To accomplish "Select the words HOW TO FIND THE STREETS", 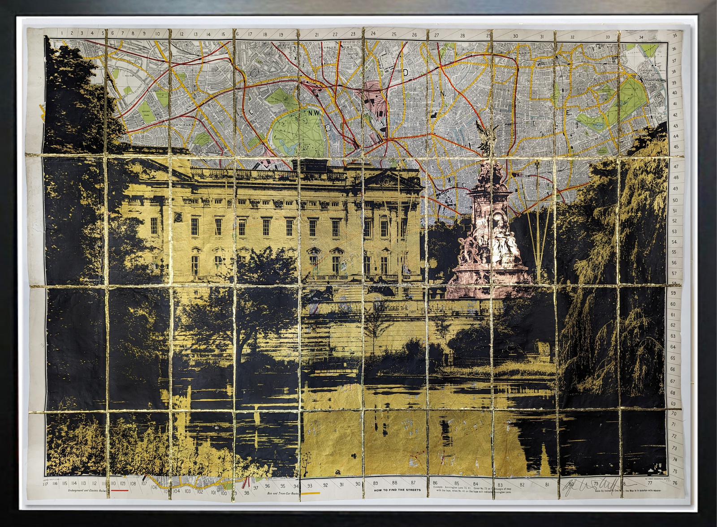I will [397, 490].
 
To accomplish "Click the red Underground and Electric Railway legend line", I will [118, 491].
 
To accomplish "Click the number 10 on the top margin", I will [157, 34].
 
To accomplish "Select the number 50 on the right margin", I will [675, 200].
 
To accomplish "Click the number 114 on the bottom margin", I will [74, 483].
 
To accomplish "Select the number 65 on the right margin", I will [673, 358].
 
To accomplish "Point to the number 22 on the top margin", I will [335, 34].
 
